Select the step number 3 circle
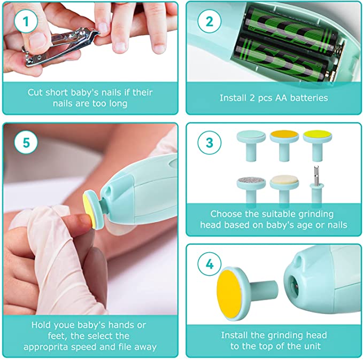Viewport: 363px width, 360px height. (206, 143)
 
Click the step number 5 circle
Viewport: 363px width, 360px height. (22, 144)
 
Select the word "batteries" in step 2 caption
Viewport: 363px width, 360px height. (307, 98)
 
